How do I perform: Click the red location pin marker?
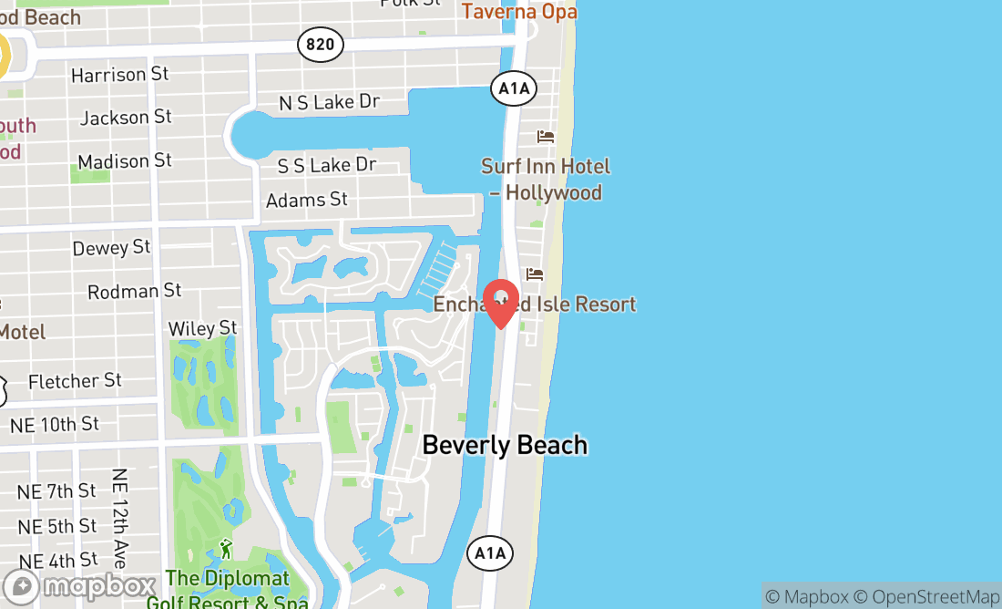[x=500, y=301]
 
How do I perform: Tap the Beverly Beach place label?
[x=505, y=445]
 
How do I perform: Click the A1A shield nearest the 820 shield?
[x=514, y=88]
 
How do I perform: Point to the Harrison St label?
[x=120, y=75]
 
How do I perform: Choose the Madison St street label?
[x=125, y=161]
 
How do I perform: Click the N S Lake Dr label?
[x=329, y=102]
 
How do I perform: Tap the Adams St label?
[x=306, y=199]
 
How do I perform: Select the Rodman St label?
[x=135, y=292]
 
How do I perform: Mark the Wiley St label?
[x=202, y=328]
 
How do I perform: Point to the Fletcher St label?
[x=75, y=381]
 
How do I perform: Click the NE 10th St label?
[x=54, y=425]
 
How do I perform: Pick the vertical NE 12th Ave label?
[x=119, y=518]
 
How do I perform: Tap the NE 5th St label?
[x=57, y=526]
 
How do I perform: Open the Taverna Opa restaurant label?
[x=519, y=11]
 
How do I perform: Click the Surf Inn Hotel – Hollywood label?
[x=546, y=179]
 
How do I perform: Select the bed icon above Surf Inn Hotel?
[x=546, y=137]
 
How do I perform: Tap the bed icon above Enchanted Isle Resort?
[x=535, y=274]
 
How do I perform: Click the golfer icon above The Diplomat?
[x=226, y=549]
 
